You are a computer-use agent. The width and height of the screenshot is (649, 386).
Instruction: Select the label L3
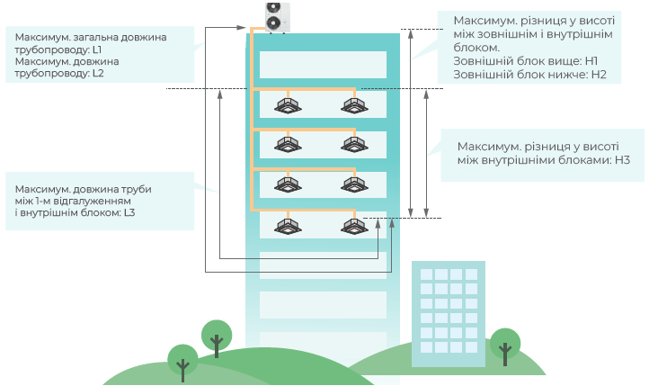point(129,213)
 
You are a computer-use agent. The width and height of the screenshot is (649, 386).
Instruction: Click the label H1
point(591,60)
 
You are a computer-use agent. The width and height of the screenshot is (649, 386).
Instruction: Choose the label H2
point(600,74)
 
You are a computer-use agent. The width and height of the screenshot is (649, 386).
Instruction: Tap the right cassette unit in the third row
point(352,184)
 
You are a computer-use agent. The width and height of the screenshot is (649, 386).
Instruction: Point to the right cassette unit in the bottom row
point(352,224)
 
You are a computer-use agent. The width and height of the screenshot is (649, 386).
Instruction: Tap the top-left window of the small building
point(426,274)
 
